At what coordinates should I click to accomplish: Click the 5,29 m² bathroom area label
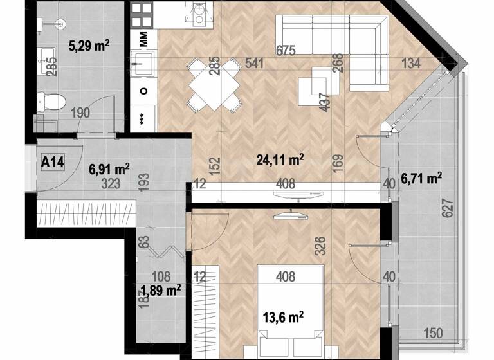tap(88, 45)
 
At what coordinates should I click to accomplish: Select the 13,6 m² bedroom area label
tap(283, 316)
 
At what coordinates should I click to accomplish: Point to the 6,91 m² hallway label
tap(109, 169)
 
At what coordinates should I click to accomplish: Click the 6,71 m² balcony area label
tap(420, 177)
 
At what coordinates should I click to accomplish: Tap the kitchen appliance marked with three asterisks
tap(143, 119)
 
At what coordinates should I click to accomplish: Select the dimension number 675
tap(286, 51)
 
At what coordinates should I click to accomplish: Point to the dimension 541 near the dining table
tap(255, 63)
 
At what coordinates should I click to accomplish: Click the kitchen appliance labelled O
tap(143, 90)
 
